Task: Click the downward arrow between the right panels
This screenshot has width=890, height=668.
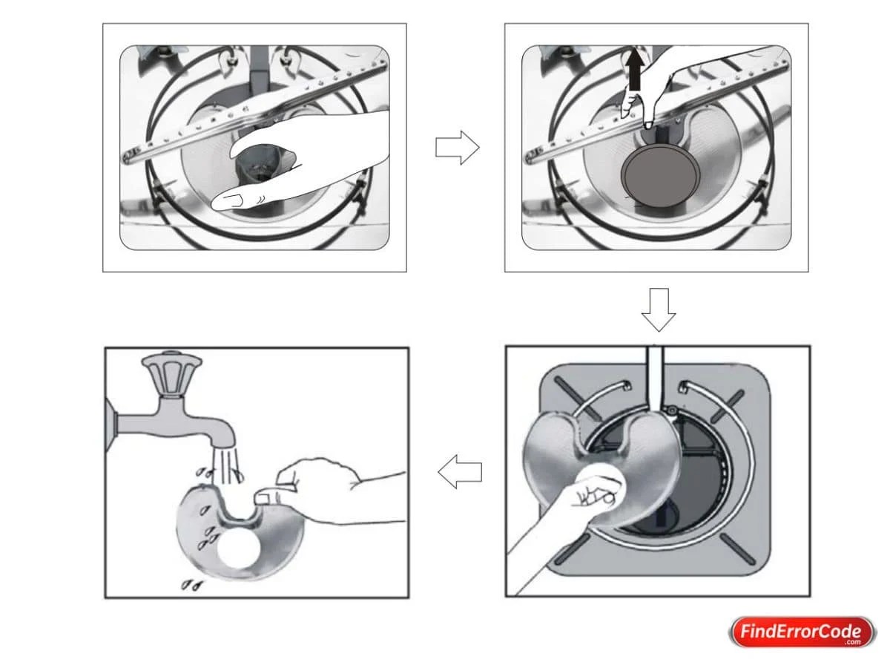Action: [658, 309]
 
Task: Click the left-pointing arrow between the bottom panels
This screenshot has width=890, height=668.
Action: [459, 472]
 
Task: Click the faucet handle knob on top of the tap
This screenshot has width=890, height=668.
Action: [171, 376]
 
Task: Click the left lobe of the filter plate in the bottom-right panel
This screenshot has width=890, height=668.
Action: [553, 453]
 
